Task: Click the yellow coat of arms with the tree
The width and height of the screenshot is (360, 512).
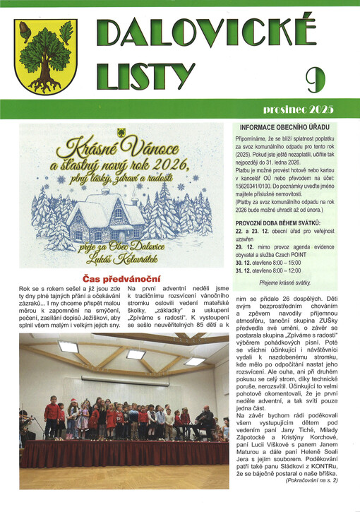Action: (x=47, y=56)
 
